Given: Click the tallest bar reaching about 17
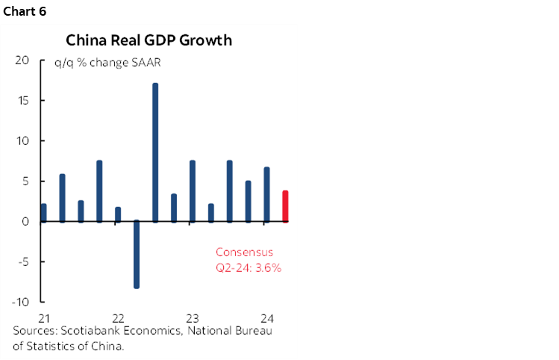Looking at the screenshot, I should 155,152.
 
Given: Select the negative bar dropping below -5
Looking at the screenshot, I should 137,254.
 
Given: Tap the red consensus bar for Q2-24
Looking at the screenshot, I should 285,206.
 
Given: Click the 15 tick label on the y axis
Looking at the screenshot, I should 22,101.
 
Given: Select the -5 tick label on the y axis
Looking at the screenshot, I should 22,262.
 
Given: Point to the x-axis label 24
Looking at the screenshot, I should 266,315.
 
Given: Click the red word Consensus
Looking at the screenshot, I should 244,252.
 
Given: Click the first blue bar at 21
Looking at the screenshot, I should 44,213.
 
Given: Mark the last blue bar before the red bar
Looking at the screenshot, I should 266,194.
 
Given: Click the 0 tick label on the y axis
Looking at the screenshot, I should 25,222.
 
